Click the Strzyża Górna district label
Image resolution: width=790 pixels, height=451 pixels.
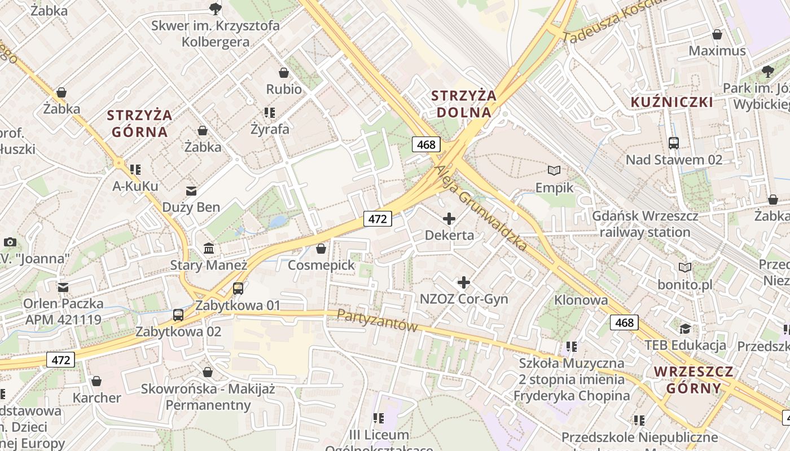click(x=139, y=123)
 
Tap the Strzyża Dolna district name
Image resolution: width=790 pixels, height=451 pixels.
click(x=464, y=104)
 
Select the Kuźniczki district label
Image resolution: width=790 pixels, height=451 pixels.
click(x=671, y=102)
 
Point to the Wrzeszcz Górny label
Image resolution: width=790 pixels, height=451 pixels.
click(x=694, y=379)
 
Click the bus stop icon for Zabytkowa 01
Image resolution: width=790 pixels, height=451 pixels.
click(x=238, y=289)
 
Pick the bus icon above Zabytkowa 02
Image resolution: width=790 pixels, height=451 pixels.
click(x=178, y=315)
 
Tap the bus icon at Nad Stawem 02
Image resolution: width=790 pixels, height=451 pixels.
click(x=673, y=143)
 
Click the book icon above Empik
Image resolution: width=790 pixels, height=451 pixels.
click(x=554, y=170)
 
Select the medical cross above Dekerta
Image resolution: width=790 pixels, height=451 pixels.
click(x=449, y=218)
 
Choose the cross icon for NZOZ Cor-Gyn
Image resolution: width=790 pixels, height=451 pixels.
click(x=464, y=282)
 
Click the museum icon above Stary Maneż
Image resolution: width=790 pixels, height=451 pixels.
click(x=209, y=248)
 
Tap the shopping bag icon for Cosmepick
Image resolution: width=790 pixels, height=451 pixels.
click(x=321, y=248)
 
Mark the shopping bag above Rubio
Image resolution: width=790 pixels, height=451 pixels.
click(x=284, y=73)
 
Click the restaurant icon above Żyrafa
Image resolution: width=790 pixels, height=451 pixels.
click(x=269, y=112)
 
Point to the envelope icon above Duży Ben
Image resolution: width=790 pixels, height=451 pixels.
click(x=191, y=190)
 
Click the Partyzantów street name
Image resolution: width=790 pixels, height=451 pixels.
click(x=377, y=320)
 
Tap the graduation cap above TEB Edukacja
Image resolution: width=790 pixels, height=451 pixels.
click(x=685, y=329)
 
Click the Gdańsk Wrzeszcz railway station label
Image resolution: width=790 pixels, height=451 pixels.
click(x=645, y=224)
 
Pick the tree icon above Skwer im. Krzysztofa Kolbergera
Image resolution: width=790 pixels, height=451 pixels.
click(x=215, y=8)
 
